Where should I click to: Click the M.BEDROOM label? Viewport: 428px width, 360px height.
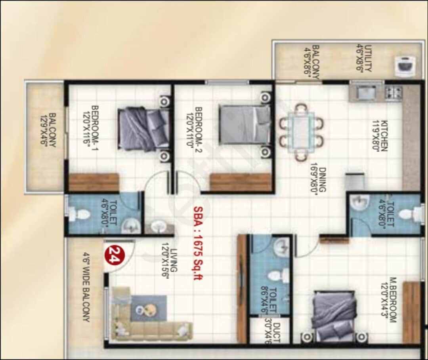(x=390, y=299)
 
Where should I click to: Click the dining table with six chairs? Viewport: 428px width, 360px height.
(x=301, y=132)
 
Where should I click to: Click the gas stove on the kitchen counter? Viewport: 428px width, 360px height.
(x=394, y=92)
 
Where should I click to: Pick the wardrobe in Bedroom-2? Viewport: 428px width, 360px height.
(x=240, y=182)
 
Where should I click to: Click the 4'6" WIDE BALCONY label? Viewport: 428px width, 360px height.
(x=86, y=287)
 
